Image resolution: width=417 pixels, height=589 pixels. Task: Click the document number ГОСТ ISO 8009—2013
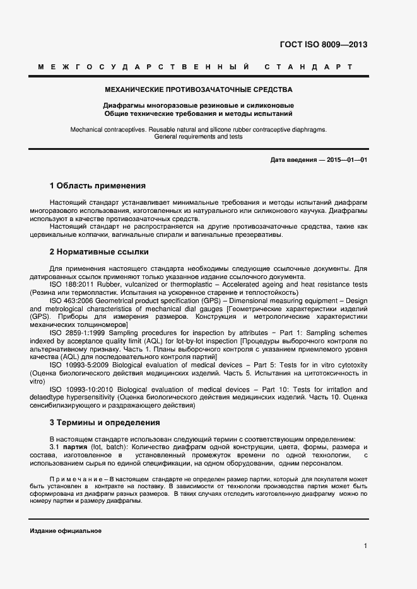pyautogui.click(x=323, y=45)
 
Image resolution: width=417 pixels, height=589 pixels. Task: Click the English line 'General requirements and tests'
pyautogui.click(x=198, y=137)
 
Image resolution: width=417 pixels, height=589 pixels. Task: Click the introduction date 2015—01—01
pyautogui.click(x=346, y=160)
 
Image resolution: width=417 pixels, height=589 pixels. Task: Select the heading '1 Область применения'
pyautogui.click(x=97, y=186)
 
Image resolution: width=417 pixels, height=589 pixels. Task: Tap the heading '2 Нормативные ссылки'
pyautogui.click(x=99, y=252)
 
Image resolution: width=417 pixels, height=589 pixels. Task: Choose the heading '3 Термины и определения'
pyautogui.click(x=105, y=422)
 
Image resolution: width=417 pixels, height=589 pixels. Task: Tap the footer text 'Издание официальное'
pyautogui.click(x=66, y=531)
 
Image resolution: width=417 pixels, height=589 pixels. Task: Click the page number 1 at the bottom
pyautogui.click(x=365, y=546)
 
